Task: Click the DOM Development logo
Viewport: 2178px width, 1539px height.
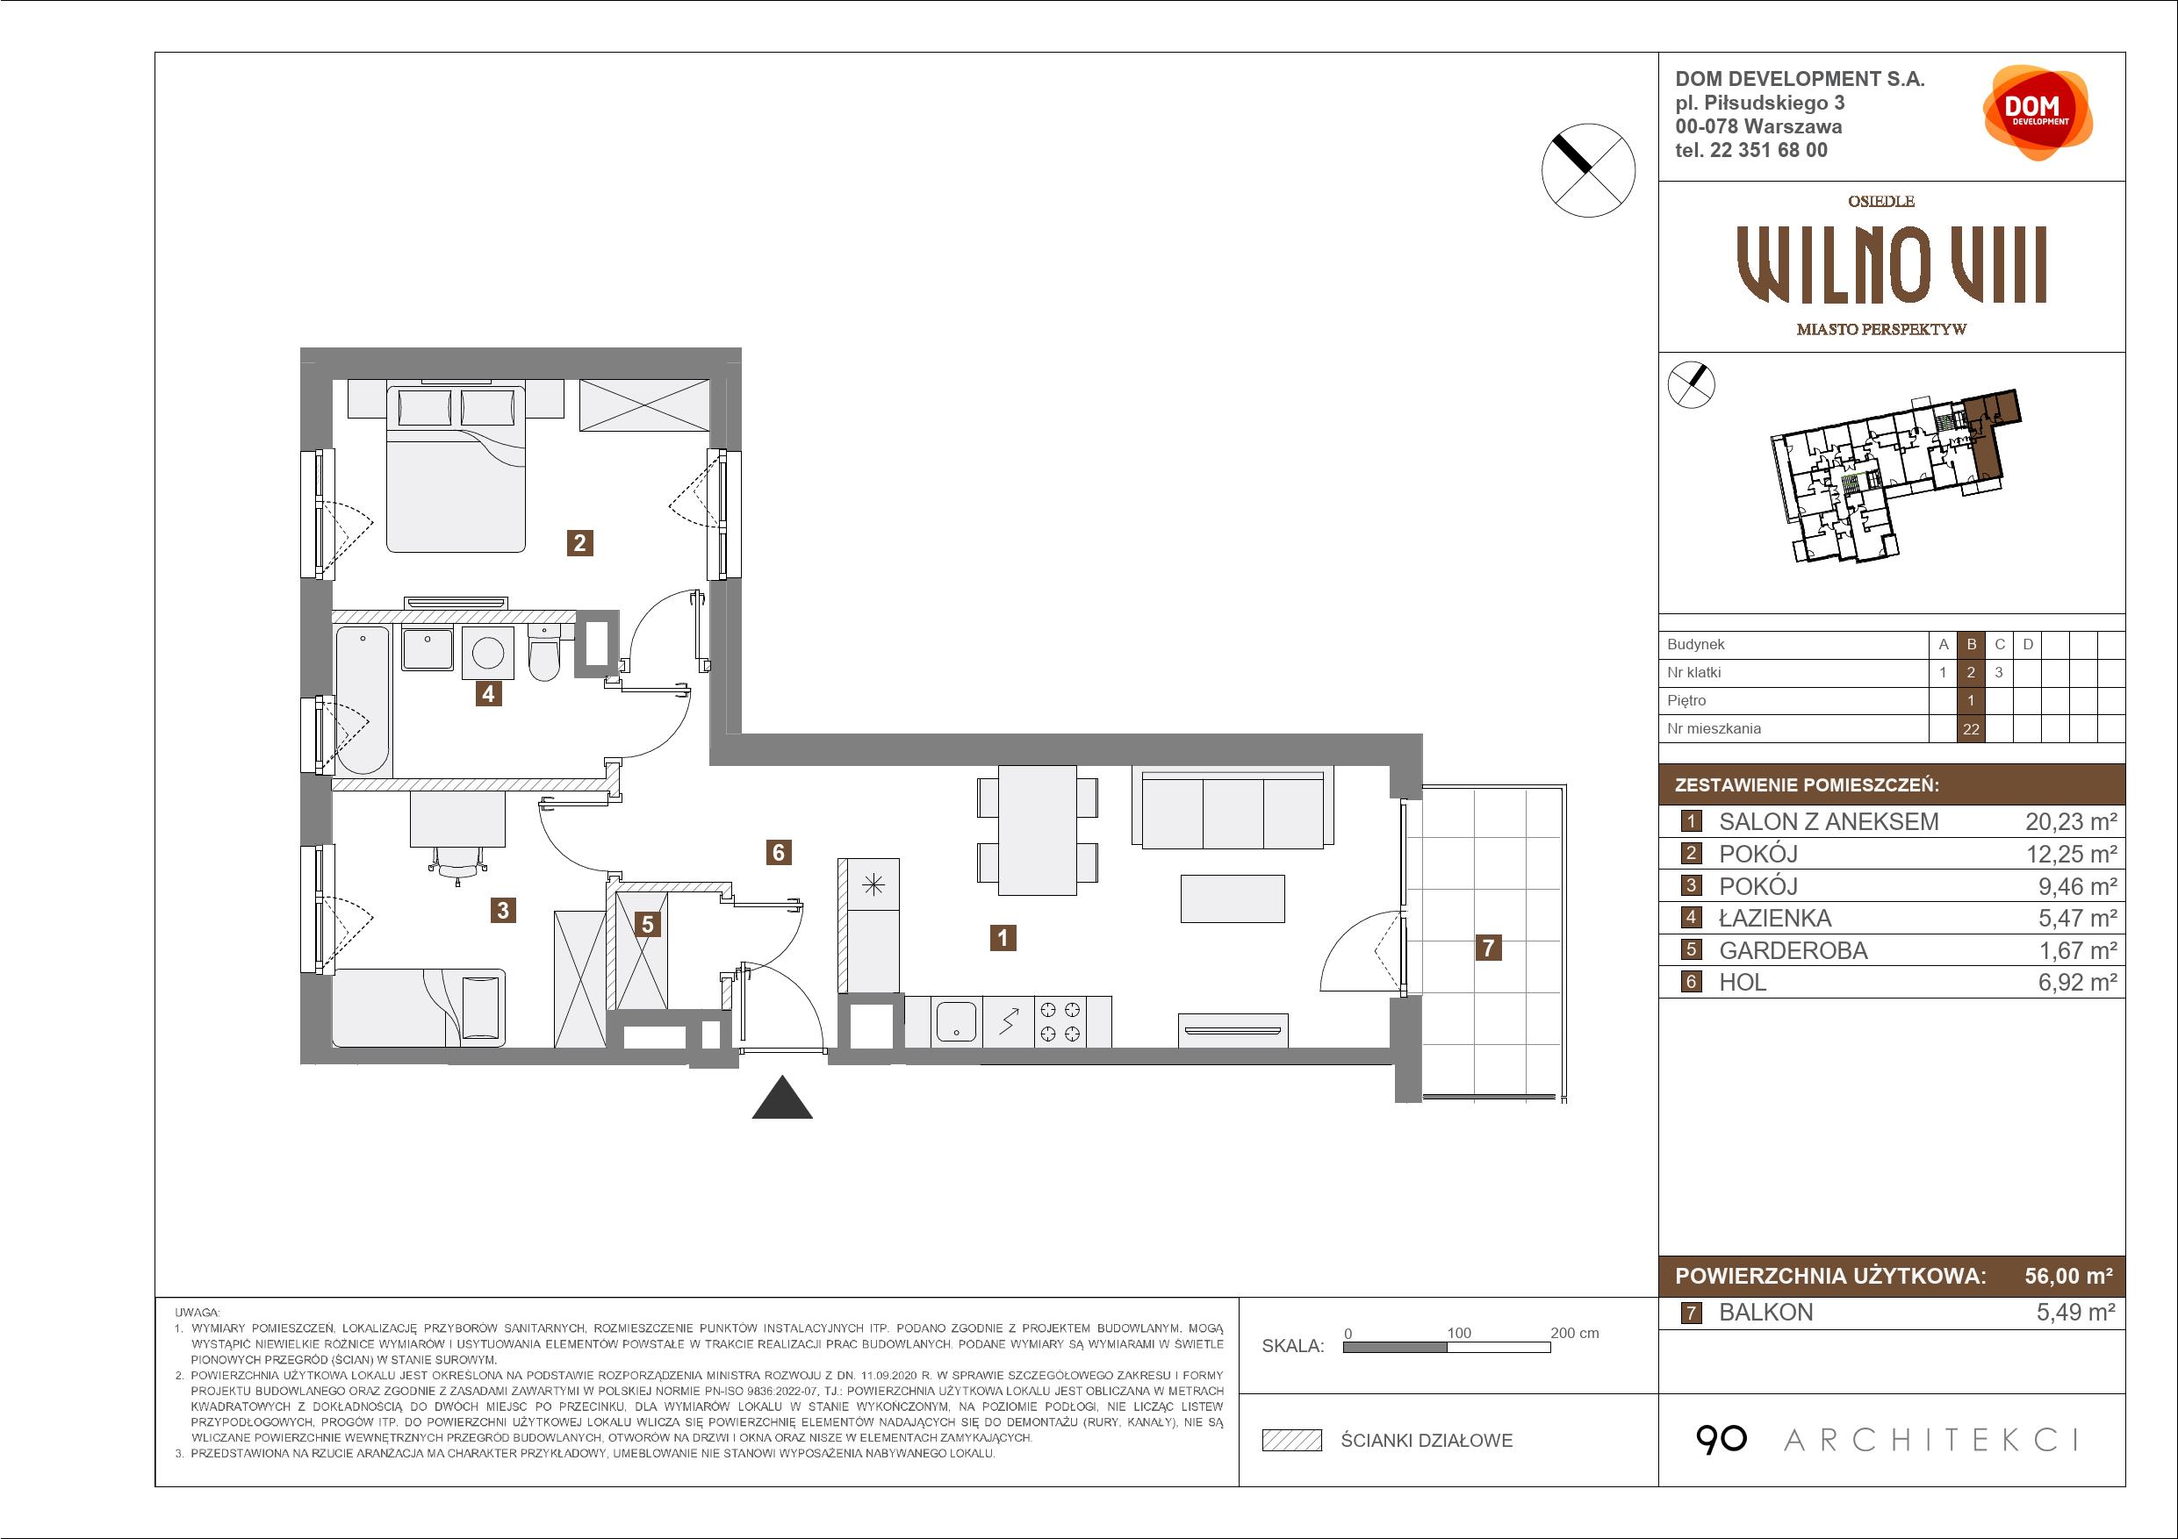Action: click(2038, 113)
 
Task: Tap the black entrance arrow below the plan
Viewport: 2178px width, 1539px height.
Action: click(781, 1098)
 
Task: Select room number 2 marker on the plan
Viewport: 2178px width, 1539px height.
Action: click(579, 543)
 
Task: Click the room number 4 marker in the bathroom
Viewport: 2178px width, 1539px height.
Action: click(487, 693)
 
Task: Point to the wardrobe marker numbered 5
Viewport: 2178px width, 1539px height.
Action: click(647, 924)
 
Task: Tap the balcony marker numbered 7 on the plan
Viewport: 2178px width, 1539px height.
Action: click(1488, 947)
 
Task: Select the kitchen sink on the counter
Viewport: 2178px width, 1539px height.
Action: click(956, 1021)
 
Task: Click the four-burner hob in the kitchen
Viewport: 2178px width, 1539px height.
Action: click(1060, 1021)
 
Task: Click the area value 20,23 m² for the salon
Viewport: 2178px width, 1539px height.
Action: click(2071, 821)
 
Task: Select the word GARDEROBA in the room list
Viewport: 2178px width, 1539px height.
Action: click(1793, 950)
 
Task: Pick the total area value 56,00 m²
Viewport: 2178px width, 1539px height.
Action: click(2068, 1276)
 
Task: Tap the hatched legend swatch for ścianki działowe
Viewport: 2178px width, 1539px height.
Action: click(1292, 1441)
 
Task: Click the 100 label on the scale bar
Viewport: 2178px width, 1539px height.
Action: click(1458, 1332)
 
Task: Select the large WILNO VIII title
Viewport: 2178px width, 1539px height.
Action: click(1891, 265)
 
